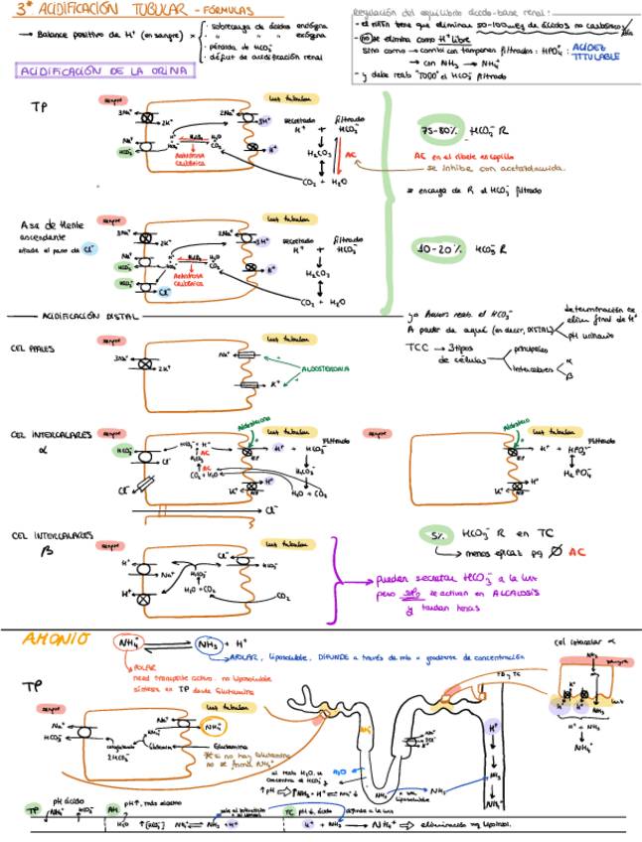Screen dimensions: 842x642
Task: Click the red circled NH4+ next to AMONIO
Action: click(x=130, y=644)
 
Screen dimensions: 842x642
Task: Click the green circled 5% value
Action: click(x=433, y=536)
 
